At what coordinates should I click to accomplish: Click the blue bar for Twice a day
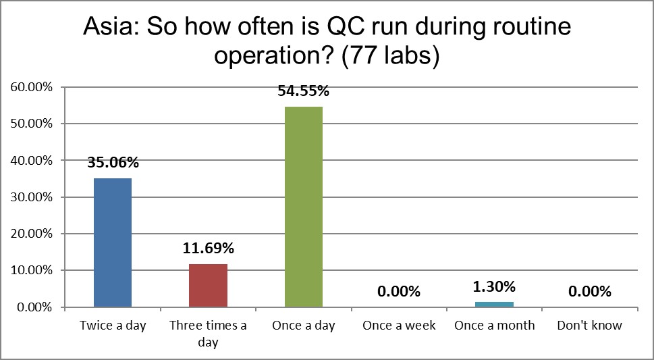coord(113,242)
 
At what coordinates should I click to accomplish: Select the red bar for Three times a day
coord(208,285)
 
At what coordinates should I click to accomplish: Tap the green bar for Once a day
coord(304,207)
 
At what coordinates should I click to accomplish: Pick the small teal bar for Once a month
coord(495,304)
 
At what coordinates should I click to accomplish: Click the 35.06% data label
coord(113,162)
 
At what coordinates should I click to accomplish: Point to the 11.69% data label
coord(208,249)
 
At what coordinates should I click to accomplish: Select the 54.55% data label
coord(304,91)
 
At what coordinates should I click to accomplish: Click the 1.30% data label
coord(495,286)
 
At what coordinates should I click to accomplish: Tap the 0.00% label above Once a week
coord(400,292)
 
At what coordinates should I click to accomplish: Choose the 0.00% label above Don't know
coord(590,292)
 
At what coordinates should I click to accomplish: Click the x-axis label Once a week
coord(400,326)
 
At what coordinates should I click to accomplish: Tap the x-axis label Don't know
coord(590,326)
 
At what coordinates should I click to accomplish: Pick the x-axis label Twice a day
coord(113,326)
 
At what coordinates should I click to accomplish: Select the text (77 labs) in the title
coord(391,56)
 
